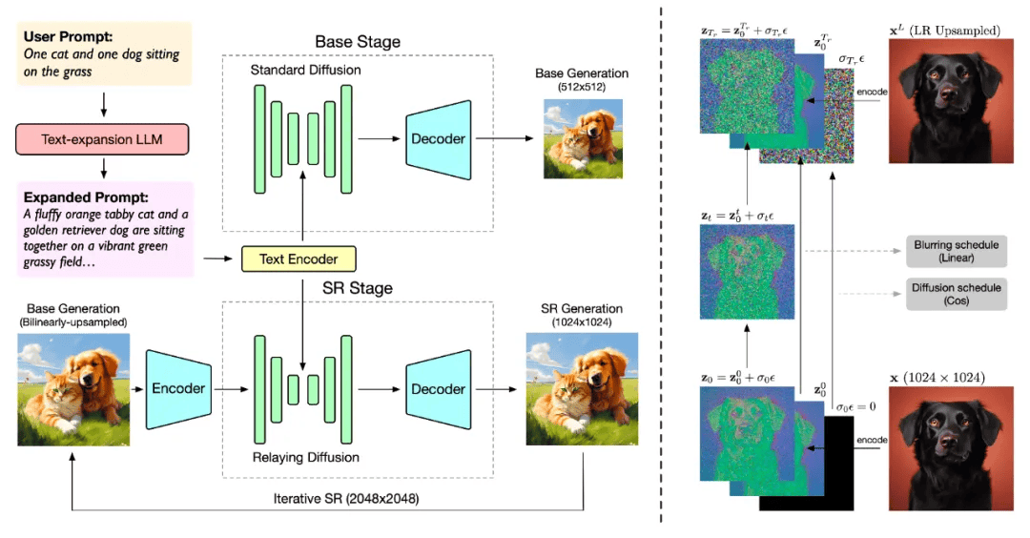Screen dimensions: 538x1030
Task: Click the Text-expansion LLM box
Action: coord(101,139)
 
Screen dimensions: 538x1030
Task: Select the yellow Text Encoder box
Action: coord(298,258)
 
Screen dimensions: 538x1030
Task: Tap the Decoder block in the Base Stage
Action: coord(438,139)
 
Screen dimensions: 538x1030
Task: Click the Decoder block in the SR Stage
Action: coord(438,389)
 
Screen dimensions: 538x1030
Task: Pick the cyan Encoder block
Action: coord(178,388)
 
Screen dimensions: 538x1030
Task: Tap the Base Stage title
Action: coord(358,42)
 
